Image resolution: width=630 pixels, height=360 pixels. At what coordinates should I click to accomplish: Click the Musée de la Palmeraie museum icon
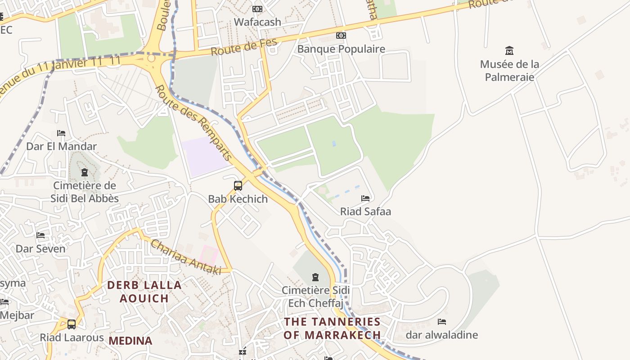pos(509,50)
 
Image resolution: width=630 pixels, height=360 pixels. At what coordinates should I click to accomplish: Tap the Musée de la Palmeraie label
pos(509,71)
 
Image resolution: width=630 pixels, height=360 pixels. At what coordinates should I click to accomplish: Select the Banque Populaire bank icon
pos(341,36)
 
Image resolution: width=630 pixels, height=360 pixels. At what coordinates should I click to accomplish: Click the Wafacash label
pos(257,22)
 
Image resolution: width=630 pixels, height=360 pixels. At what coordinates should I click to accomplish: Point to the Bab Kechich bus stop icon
pos(238,185)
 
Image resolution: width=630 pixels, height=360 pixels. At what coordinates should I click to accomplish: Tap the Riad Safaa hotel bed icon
pos(365,198)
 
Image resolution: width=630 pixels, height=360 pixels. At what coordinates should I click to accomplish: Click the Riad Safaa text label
pos(365,211)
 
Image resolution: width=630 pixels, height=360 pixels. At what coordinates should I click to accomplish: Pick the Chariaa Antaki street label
pos(185,257)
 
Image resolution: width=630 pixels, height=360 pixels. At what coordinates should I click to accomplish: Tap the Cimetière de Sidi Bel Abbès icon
pos(84,172)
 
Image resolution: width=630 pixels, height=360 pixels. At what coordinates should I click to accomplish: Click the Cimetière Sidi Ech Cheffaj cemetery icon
pos(315,277)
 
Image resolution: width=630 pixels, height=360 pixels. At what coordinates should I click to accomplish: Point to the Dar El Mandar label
pos(61,146)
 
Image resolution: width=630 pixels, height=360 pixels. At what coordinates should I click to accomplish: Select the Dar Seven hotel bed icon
pos(40,235)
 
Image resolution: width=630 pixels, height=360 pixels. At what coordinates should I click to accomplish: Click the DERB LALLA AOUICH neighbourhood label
pos(144,291)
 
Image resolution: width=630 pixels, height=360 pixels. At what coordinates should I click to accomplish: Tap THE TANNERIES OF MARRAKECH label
pos(332,328)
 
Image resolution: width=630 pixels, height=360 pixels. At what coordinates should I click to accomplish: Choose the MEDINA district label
pos(130,341)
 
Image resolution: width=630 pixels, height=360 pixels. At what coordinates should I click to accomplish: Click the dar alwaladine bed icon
pos(442,322)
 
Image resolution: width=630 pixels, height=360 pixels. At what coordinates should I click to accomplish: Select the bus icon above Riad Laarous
pos(71,324)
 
